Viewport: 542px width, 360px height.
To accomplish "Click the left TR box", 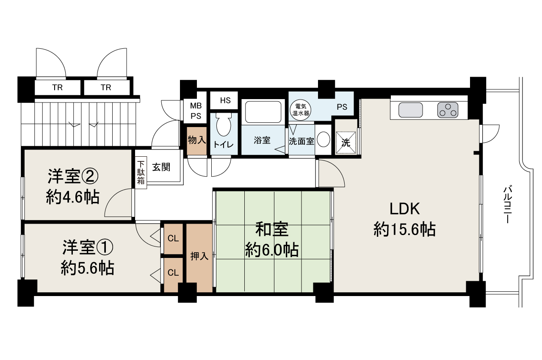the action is (58, 87).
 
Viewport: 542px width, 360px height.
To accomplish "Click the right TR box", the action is (107, 87).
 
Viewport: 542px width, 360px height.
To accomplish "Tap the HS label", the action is (225, 100).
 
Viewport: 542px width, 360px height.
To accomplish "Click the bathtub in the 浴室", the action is (263, 112).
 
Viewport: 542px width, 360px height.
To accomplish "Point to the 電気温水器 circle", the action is (301, 110).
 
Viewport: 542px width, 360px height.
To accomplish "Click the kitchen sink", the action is (411, 110).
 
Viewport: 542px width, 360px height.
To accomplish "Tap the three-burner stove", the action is (448, 110).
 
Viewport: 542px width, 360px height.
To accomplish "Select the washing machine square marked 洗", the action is (346, 142).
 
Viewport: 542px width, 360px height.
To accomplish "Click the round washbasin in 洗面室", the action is (323, 139).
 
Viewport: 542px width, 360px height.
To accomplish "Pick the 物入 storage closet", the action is (197, 141).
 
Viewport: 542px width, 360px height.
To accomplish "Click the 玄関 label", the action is (161, 167).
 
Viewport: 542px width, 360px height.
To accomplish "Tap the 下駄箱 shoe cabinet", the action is (141, 172).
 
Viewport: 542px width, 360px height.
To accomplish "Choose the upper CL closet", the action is (173, 239).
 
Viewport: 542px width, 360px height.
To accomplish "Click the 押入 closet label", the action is (199, 256).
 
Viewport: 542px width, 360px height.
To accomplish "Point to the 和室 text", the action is (272, 229).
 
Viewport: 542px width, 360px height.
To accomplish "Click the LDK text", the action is (404, 209).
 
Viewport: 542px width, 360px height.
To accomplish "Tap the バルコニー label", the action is (507, 204).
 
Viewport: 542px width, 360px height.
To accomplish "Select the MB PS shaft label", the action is (196, 111).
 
